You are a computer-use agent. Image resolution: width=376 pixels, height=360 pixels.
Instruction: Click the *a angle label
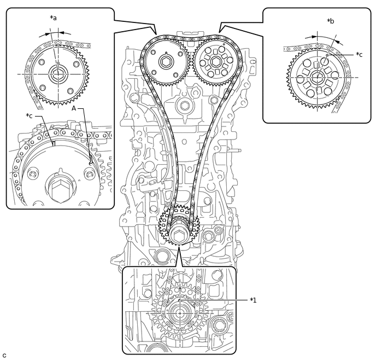click(54, 18)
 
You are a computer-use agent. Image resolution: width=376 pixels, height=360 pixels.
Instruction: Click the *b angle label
click(331, 21)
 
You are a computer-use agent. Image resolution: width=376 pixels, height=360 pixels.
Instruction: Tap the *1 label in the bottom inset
click(253, 300)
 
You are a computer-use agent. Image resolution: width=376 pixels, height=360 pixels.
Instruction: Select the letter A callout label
click(74, 109)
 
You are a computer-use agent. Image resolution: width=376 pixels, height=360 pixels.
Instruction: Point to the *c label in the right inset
click(359, 54)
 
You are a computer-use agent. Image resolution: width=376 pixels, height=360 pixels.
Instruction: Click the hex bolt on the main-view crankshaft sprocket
click(179, 236)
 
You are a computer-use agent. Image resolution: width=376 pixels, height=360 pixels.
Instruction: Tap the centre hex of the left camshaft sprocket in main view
click(166, 62)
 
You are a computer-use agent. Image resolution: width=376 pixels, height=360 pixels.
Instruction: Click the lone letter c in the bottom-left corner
click(4, 355)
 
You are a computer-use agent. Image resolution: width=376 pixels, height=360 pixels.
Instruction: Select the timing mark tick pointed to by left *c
click(54, 144)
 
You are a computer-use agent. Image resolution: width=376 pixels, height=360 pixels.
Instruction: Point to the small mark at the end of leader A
click(90, 160)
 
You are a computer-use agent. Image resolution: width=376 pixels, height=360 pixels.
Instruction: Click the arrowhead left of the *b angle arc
click(315, 37)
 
